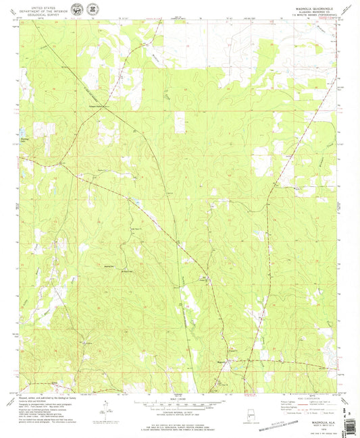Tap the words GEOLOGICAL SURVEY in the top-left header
(x=43, y=15)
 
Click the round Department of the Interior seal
(x=78, y=11)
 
